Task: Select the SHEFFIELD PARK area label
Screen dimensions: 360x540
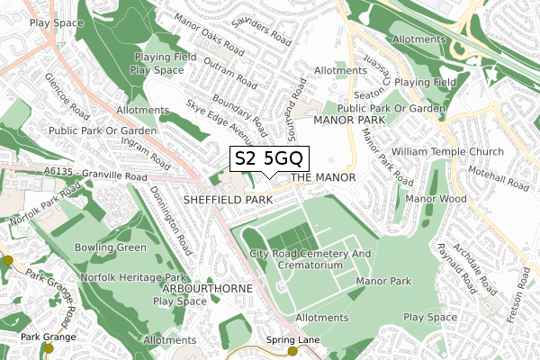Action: pos(227,197)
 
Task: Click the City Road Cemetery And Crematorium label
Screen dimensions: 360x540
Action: pos(310,260)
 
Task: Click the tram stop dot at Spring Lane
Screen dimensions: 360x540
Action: pos(292,352)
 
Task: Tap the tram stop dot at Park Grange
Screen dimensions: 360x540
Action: pos(49,348)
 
